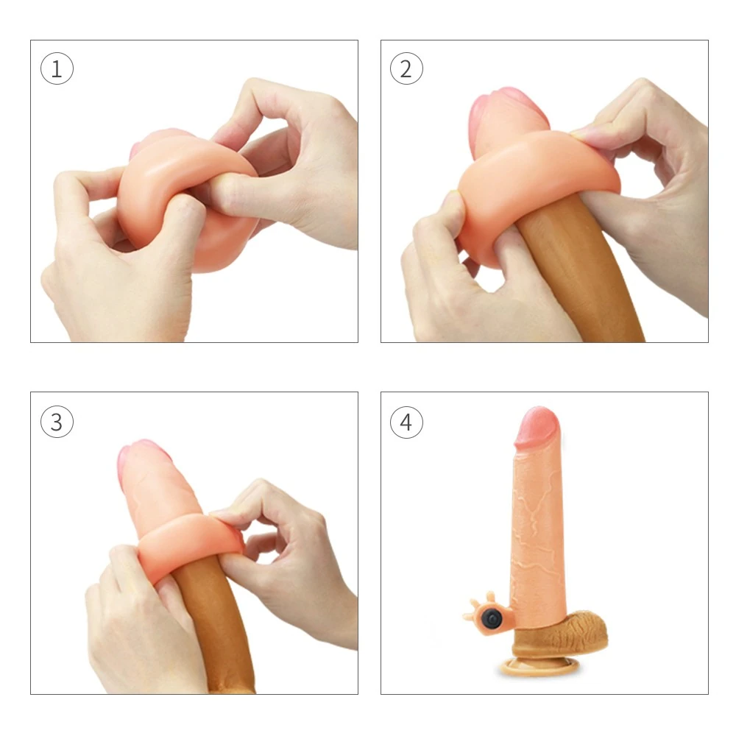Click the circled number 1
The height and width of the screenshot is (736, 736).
[57, 70]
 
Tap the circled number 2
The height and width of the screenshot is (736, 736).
[406, 69]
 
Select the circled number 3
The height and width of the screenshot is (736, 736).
[57, 422]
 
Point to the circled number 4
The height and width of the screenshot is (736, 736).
[406, 422]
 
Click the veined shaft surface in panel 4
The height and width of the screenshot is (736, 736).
[537, 530]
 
